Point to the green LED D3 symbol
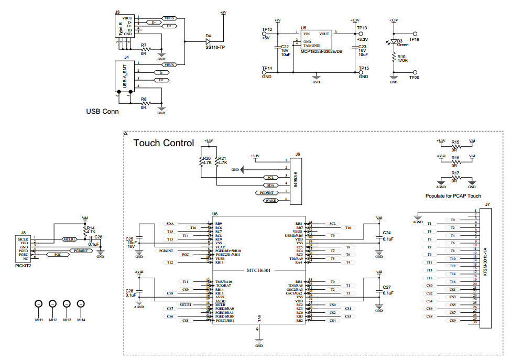tap(394, 41)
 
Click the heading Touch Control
tap(164, 143)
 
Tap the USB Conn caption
tap(102, 112)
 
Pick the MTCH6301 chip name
tap(259, 270)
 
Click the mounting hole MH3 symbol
tap(67, 304)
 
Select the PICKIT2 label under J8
tap(23, 266)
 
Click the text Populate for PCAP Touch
tap(453, 196)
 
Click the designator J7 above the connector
tap(487, 204)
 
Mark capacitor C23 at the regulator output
tap(353, 50)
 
